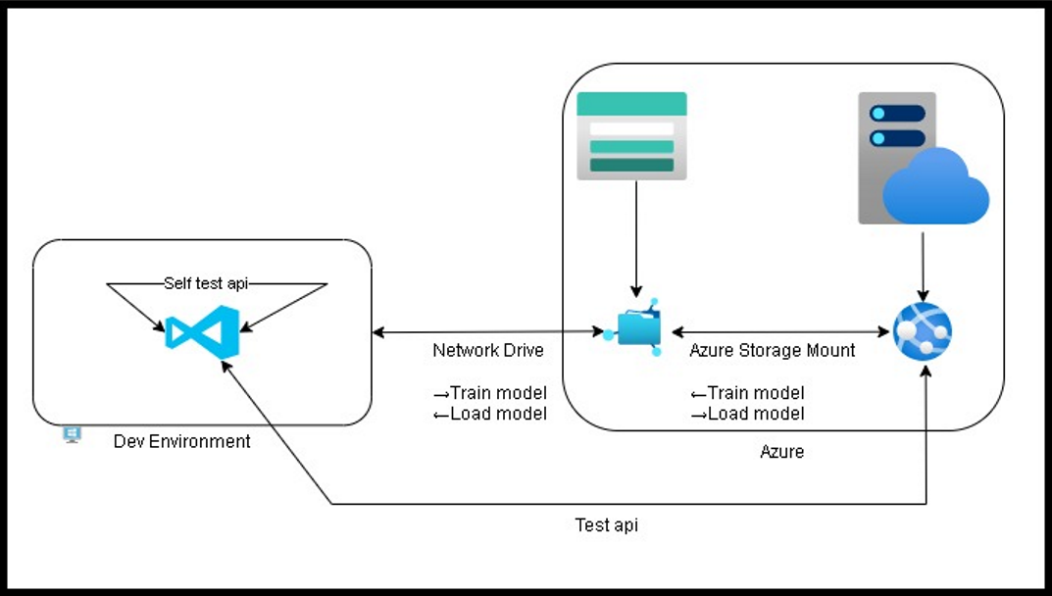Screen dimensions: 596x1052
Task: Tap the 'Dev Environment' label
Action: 181,442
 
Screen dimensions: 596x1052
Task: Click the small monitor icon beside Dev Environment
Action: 72,434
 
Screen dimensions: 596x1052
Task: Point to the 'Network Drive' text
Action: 488,351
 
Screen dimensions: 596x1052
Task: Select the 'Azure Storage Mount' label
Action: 772,351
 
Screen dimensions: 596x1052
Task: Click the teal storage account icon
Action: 631,136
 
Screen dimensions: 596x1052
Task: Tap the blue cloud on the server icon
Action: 935,187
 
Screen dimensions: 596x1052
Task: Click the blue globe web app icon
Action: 922,330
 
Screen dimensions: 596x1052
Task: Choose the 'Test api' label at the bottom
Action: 606,525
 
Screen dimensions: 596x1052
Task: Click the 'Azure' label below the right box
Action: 783,452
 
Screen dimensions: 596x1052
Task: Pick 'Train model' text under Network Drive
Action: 497,393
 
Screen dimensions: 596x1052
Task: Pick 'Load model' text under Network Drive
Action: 497,414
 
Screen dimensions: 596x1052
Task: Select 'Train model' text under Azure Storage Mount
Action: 755,393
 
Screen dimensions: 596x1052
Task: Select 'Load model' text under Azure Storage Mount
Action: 755,414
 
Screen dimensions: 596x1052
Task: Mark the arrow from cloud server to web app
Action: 922,261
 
